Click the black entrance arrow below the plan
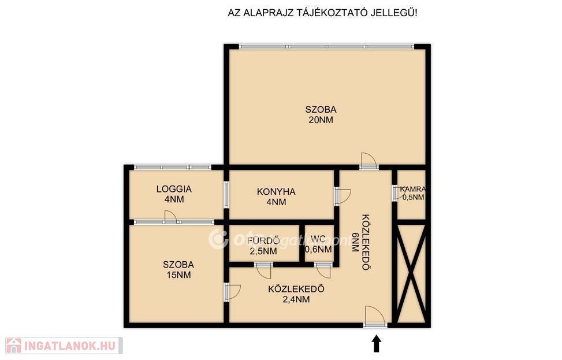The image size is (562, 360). [377, 343]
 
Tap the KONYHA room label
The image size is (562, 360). [276, 191]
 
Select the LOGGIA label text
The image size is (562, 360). [174, 189]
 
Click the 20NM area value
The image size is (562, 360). [321, 120]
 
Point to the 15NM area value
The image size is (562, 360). [178, 275]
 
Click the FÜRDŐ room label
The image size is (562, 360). [263, 240]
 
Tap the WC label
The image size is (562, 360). [318, 239]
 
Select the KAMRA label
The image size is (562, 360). [413, 189]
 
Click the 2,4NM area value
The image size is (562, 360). [296, 299]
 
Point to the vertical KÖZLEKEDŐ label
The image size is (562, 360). [366, 242]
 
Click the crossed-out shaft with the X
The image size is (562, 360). [411, 273]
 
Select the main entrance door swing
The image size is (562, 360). [374, 316]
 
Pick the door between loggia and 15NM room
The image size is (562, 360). [170, 217]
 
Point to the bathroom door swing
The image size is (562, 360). [265, 271]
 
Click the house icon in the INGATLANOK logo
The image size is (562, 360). [13, 346]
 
